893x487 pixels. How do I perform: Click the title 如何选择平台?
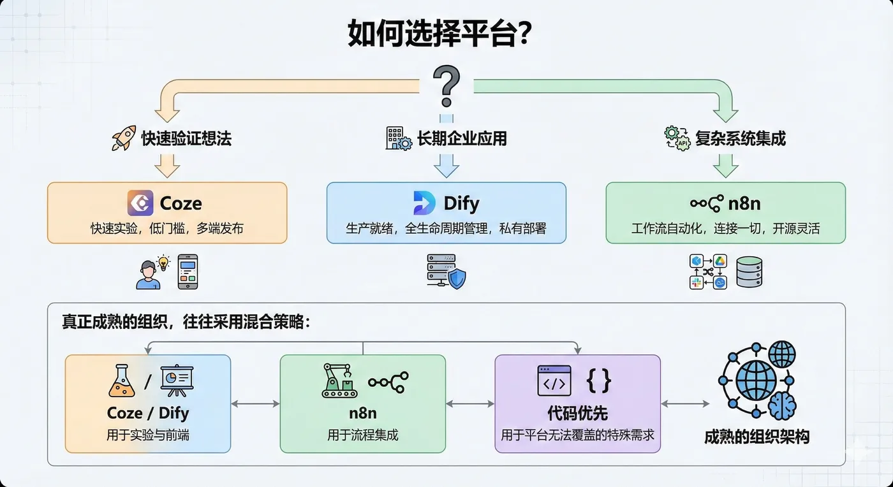(440, 33)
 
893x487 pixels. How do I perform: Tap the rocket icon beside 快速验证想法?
(124, 138)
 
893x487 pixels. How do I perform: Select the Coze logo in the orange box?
(140, 203)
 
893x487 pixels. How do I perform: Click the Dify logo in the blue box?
(424, 203)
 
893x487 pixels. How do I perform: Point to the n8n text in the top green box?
(744, 204)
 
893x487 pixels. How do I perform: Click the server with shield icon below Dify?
(446, 272)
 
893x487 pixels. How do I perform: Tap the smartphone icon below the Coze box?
(188, 272)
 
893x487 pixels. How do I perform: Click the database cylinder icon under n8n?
(749, 272)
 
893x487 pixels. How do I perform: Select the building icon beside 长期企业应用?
(399, 138)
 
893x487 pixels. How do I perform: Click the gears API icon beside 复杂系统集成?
(677, 138)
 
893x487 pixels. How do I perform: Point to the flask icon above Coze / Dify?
(123, 381)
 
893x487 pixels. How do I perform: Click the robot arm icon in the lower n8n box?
(339, 381)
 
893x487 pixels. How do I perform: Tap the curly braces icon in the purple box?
(598, 381)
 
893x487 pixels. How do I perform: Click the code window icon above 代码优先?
(554, 381)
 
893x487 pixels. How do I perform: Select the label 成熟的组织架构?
(756, 437)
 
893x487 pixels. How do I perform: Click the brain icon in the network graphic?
(781, 404)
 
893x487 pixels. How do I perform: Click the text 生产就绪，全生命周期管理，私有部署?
(446, 228)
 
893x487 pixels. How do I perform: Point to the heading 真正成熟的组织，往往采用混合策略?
(186, 322)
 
